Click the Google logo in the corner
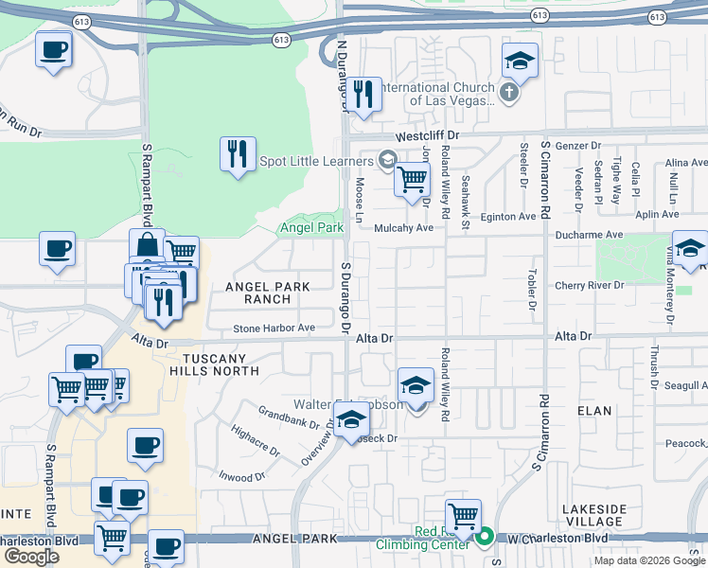click(31, 557)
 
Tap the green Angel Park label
click(311, 228)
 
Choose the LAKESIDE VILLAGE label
click(593, 515)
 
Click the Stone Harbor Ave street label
click(274, 328)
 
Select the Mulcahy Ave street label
click(403, 228)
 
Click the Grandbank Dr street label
click(289, 417)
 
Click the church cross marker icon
click(510, 93)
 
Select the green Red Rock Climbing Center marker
click(485, 538)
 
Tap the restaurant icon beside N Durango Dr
click(363, 94)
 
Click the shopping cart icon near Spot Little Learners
click(412, 177)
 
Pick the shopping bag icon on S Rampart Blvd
click(148, 245)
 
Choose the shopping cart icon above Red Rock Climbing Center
click(463, 516)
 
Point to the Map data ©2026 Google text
click(649, 560)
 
